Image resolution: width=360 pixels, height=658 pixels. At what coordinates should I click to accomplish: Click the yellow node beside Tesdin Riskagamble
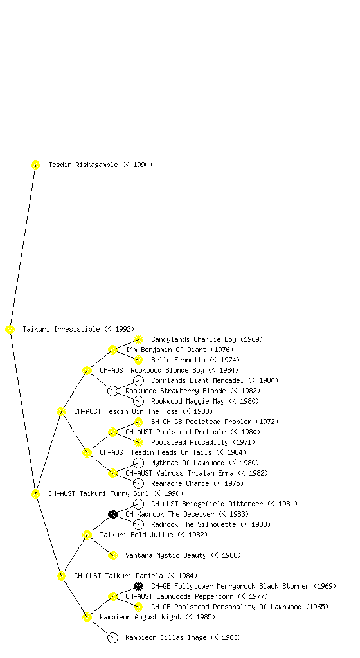coord(35,165)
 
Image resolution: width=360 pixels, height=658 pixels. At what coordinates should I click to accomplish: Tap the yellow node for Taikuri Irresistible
coord(10,330)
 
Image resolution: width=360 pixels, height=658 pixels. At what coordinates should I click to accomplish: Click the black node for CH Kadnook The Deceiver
coord(113,515)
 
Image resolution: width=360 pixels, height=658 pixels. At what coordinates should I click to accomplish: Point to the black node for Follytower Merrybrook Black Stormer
coord(138,586)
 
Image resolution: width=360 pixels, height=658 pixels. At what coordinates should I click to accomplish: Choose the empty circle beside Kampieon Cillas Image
coord(113,638)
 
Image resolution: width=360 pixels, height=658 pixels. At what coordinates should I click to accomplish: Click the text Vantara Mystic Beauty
coord(166,556)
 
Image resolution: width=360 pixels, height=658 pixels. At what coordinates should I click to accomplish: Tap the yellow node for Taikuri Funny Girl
coord(35,494)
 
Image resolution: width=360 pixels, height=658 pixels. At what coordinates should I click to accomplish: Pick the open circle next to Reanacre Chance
coord(138,483)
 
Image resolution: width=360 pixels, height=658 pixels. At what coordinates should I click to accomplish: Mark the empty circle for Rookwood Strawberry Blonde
coord(113,391)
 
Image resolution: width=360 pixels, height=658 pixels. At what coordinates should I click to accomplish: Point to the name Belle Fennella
coord(178,360)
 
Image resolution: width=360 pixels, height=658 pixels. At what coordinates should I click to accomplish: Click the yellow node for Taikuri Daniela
coord(61,576)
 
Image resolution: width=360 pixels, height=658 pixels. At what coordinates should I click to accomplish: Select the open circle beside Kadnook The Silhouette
coord(138,524)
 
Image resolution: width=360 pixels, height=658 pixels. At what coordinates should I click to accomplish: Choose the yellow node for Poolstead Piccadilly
coord(138,442)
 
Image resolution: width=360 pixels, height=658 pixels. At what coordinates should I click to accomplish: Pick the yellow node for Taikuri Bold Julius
coord(87,535)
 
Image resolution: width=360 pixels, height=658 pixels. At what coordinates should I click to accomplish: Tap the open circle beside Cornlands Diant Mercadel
coord(138,380)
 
